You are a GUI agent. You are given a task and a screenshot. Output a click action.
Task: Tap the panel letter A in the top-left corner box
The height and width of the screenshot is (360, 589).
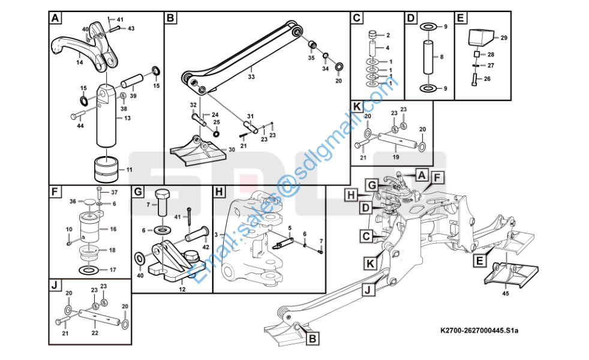[x=55, y=18]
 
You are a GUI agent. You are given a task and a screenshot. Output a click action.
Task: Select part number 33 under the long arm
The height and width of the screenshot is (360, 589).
[x=251, y=76]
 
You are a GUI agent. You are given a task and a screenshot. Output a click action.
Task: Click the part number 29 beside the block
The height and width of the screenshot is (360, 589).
[x=504, y=38]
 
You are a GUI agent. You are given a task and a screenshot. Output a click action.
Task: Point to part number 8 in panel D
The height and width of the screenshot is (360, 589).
[x=441, y=57]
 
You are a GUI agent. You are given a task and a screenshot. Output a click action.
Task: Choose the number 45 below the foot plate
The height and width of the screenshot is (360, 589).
[x=506, y=293]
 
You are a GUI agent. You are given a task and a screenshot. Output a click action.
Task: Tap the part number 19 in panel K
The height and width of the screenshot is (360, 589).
[x=395, y=156]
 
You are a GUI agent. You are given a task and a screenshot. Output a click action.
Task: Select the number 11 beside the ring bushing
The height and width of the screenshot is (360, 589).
[x=129, y=170]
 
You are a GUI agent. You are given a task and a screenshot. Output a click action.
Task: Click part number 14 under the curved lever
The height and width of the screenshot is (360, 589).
[x=79, y=62]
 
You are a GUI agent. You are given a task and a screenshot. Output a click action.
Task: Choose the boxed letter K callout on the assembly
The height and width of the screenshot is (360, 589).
[x=370, y=262]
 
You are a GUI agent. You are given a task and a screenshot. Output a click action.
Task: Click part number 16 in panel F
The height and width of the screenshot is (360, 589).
[x=112, y=229]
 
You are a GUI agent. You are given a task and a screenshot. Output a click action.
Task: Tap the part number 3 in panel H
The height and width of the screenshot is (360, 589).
[x=223, y=234]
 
